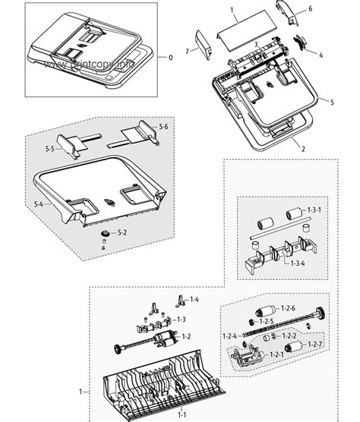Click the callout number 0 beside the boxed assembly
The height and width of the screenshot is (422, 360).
coord(170,58)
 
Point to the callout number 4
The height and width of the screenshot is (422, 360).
coord(321,55)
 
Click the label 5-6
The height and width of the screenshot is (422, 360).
coord(163,126)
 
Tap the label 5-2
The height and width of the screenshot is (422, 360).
coord(122,231)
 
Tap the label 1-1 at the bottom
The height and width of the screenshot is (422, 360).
coord(183,414)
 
